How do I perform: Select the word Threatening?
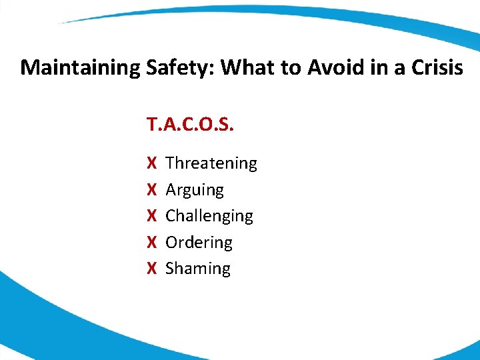click(211, 163)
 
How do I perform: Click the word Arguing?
click(194, 190)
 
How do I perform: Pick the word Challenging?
click(209, 216)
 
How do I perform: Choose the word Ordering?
click(199, 243)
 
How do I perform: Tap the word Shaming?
click(197, 269)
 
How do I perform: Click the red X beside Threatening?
click(151, 163)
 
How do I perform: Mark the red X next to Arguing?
click(151, 190)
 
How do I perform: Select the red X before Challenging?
click(151, 216)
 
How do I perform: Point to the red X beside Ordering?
click(151, 243)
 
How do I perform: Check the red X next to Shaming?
click(151, 269)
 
